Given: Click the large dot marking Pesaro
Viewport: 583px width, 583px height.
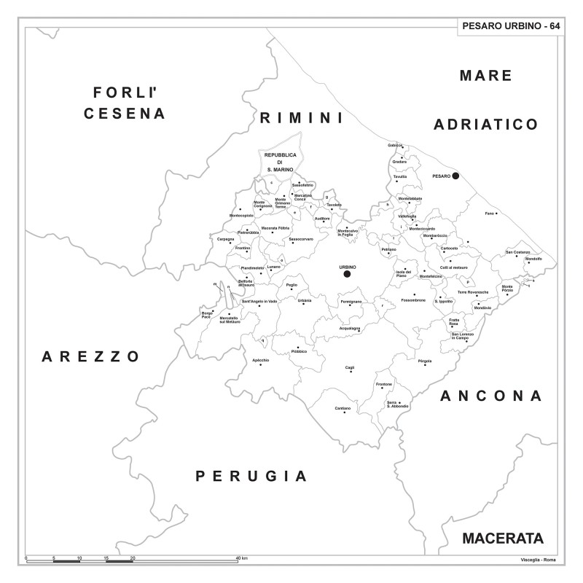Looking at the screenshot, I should (x=455, y=176).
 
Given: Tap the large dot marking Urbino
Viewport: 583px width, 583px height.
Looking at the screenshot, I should (x=347, y=274).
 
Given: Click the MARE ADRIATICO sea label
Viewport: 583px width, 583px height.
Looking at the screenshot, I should (x=486, y=100).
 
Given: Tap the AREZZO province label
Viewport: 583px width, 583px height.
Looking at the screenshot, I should (x=90, y=356).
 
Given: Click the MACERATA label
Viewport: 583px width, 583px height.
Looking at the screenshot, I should (x=503, y=539).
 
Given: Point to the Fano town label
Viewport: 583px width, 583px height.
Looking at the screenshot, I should (x=490, y=213).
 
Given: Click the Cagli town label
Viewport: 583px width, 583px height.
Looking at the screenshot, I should (x=350, y=367).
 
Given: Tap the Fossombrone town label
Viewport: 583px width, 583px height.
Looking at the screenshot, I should (x=413, y=300).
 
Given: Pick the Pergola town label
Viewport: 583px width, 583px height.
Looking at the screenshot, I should (x=425, y=361).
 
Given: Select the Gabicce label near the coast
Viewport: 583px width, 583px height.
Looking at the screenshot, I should (x=396, y=144).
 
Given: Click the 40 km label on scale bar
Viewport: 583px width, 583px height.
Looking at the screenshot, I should (x=242, y=558).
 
